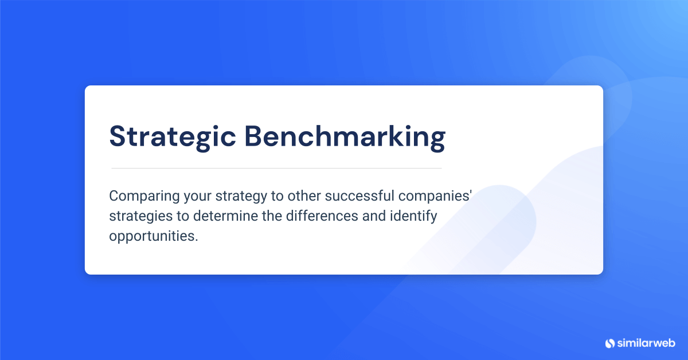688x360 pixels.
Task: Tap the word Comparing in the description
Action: pos(144,197)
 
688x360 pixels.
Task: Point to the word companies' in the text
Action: pos(435,197)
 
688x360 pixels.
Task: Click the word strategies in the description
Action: pos(141,217)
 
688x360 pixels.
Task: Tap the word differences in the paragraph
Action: pos(322,216)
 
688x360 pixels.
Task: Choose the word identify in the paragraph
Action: pos(413,217)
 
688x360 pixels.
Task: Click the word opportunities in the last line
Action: pos(154,237)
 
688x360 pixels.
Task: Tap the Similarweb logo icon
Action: pos(610,343)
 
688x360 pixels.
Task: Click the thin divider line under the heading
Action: pos(276,169)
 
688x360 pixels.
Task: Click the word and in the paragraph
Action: pos(374,216)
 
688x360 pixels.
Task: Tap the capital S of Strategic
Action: pos(118,136)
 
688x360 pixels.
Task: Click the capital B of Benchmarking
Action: pos(253,136)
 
